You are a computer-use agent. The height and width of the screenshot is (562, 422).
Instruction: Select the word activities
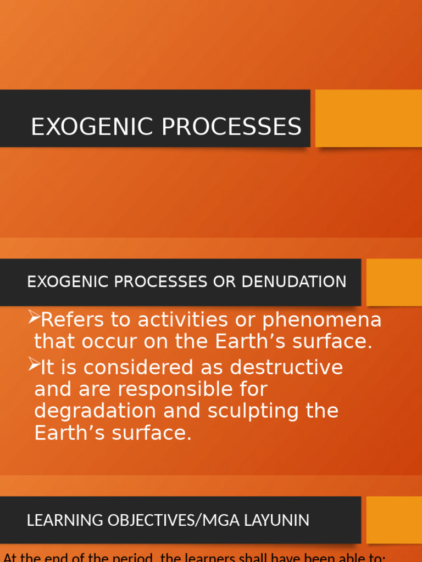[185, 319]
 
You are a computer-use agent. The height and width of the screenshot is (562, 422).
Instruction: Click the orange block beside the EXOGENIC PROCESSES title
[368, 118]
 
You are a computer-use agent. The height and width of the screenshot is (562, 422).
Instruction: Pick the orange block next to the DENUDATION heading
[394, 282]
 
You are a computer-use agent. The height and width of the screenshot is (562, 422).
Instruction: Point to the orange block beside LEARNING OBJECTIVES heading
[394, 520]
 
